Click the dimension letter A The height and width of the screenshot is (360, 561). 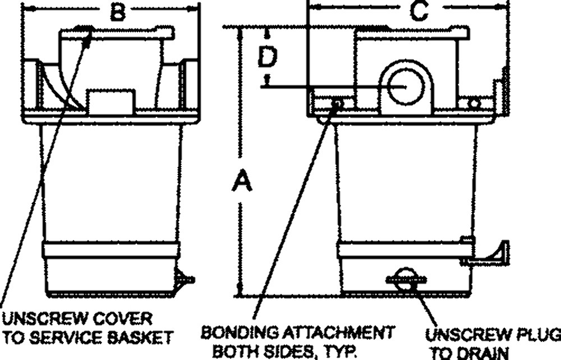242,183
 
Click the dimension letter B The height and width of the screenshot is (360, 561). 117,12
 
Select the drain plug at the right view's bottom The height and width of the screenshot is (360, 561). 406,279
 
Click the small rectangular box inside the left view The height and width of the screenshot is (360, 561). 111,101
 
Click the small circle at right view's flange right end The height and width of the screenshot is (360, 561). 475,103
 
